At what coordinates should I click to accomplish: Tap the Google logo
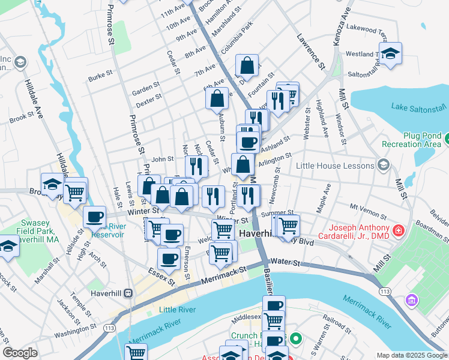pos(20,353)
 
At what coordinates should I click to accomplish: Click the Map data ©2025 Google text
pos(411,355)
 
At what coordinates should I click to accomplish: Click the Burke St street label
pos(100,77)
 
